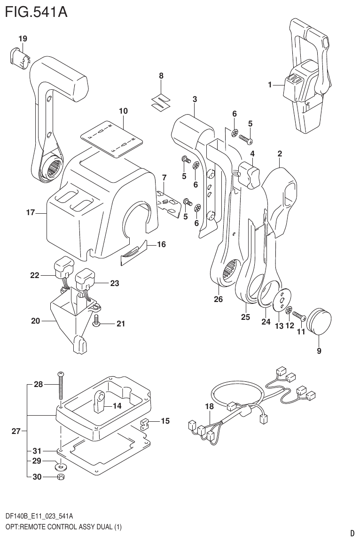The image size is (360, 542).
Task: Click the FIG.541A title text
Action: [x=36, y=12]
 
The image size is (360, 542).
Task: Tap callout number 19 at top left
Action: [x=23, y=39]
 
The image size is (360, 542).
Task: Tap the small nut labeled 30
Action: [x=61, y=477]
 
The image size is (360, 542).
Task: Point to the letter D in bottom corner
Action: [x=352, y=533]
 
